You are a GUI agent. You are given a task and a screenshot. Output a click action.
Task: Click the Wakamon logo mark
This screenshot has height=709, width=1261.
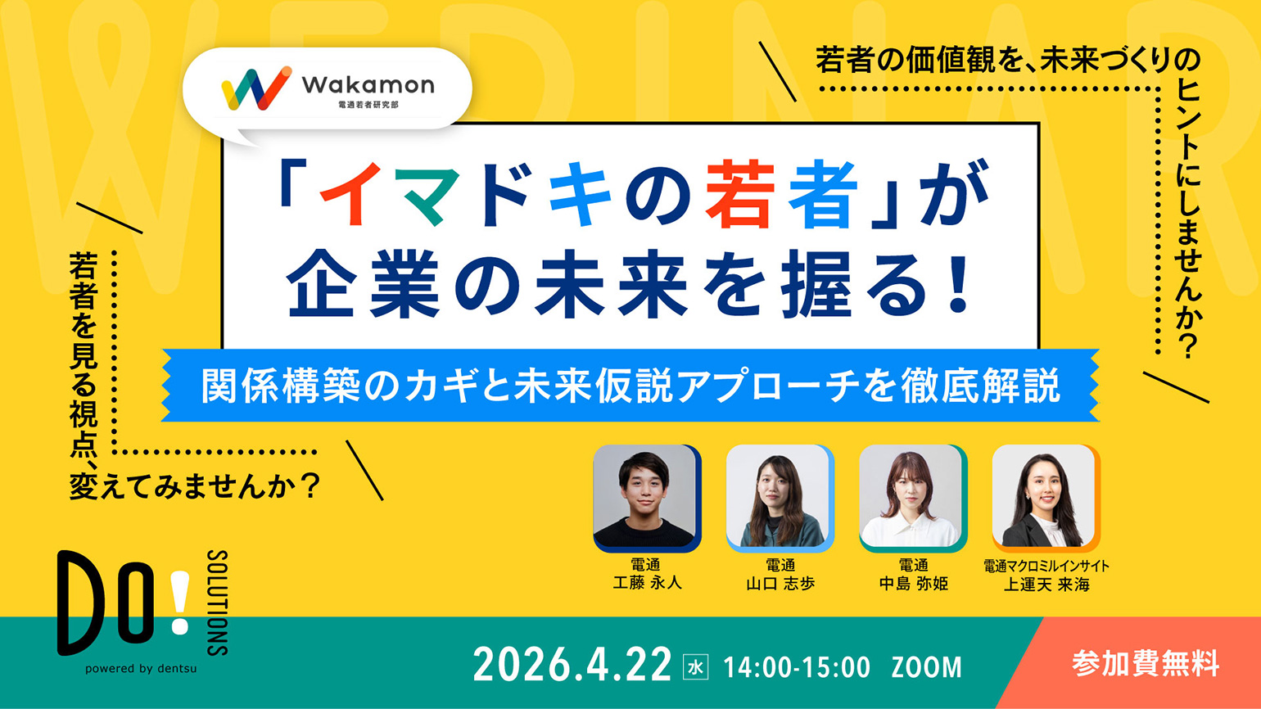coord(255,88)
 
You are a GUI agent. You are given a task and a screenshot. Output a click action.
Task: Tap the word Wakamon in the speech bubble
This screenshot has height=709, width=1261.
coord(368,84)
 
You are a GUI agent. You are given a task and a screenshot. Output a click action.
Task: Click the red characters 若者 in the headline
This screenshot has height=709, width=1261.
coord(781,196)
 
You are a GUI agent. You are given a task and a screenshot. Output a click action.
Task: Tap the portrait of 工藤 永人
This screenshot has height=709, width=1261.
coord(645,498)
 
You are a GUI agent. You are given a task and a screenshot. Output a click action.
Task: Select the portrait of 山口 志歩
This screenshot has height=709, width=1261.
coord(778,498)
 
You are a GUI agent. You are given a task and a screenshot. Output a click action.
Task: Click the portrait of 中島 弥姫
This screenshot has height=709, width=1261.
coord(911,498)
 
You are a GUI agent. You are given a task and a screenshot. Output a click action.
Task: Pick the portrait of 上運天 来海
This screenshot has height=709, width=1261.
coord(1044,498)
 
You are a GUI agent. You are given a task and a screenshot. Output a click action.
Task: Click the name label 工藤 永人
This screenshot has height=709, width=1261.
coord(646,584)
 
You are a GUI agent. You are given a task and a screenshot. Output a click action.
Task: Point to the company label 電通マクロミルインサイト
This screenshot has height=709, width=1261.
coord(1046,566)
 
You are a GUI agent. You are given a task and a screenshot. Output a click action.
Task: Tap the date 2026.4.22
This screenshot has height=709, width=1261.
coord(572,665)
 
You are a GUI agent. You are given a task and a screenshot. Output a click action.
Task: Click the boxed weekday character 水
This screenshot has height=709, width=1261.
coord(695,666)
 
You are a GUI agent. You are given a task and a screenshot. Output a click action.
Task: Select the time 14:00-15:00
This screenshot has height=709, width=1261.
coord(796,667)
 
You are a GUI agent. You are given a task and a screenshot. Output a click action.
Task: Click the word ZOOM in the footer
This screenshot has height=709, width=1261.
coord(926,667)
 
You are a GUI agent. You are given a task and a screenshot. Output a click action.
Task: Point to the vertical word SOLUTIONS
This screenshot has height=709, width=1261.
coord(217,603)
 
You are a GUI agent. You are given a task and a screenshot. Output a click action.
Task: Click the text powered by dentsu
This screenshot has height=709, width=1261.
coord(141,669)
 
